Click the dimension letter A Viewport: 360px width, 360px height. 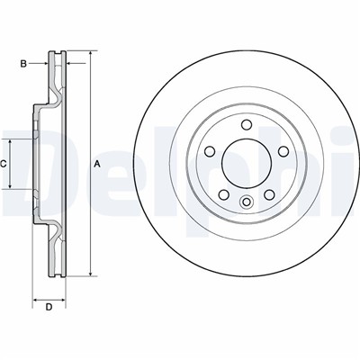97,164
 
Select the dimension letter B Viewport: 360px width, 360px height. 23,64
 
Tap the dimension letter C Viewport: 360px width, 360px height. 4,164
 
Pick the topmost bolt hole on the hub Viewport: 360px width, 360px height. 247,124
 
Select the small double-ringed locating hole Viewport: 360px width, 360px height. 247,202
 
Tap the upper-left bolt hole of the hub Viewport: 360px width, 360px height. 209,151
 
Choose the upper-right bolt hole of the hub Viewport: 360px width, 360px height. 283,151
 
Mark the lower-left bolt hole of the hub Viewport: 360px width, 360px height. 223,195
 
